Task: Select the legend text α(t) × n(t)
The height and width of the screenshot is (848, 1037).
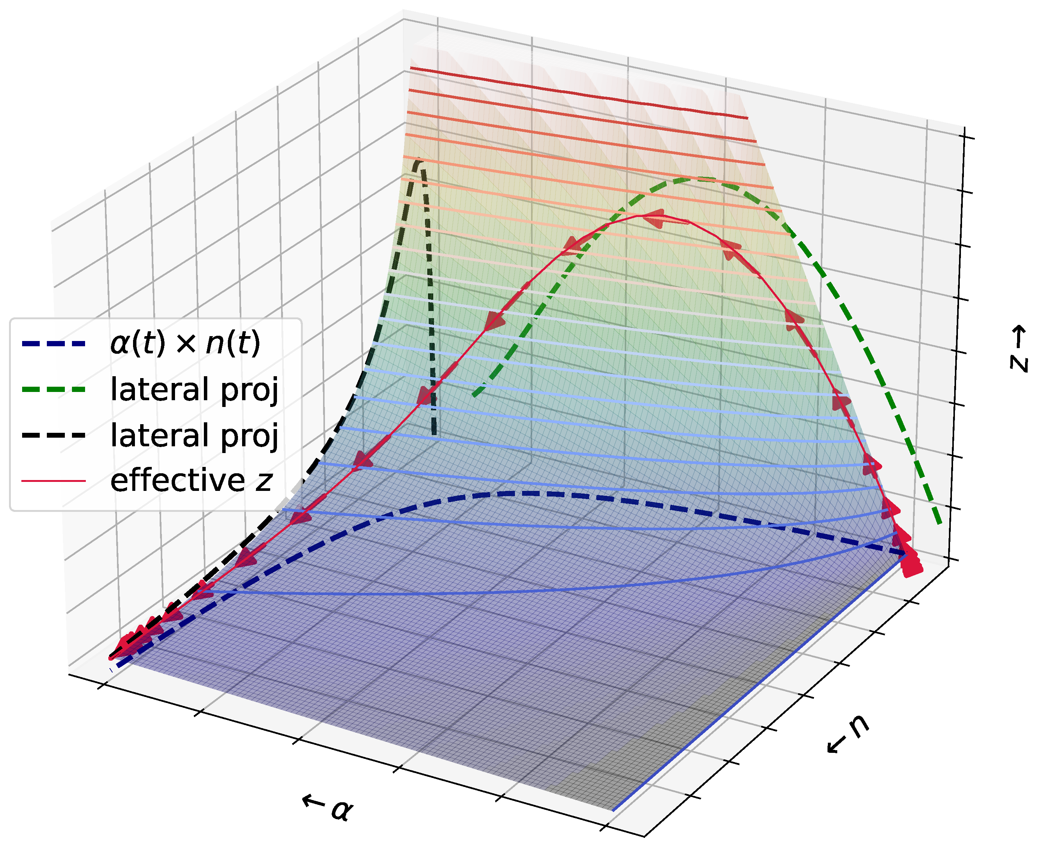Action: coord(185,343)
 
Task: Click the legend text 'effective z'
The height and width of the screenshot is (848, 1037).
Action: coord(190,481)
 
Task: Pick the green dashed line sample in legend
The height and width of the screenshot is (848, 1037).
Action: coord(54,389)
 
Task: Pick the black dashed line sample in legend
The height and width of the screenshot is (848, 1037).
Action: coord(54,435)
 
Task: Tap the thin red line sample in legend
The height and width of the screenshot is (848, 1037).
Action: coord(54,481)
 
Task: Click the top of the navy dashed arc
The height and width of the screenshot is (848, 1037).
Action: coord(528,494)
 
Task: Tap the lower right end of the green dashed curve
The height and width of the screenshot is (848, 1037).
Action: coord(938,523)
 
